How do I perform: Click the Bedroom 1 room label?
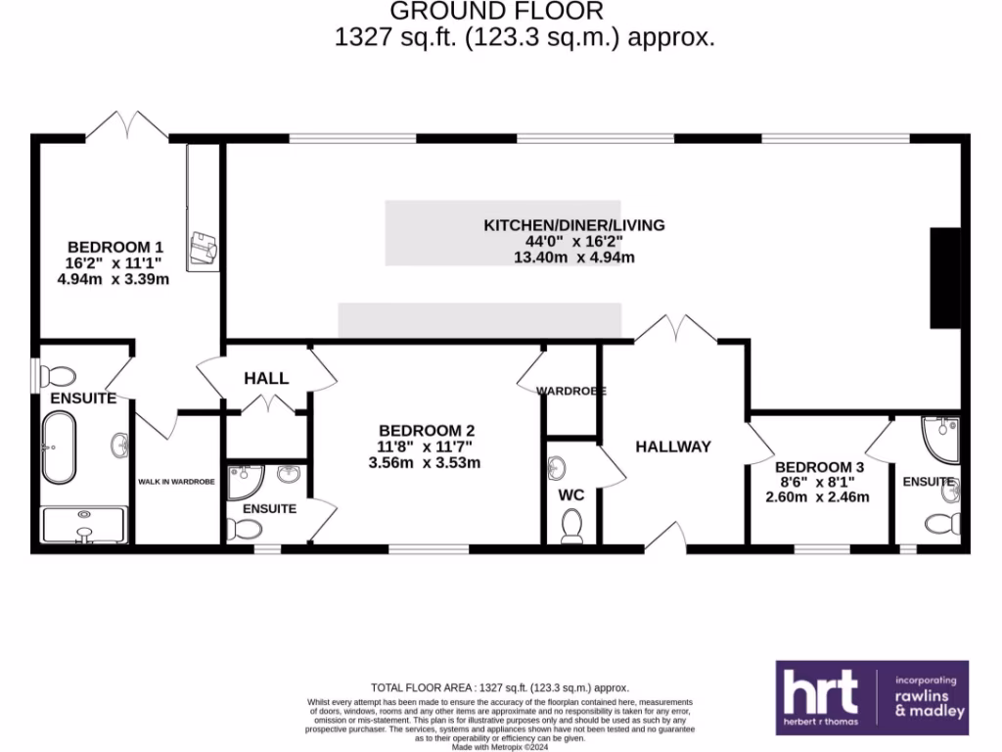115,247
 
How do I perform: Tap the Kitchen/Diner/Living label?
574,225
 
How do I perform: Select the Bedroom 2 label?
427,430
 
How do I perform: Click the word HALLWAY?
673,446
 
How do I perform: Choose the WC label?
571,495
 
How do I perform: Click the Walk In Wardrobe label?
177,481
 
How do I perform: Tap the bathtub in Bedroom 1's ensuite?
60,447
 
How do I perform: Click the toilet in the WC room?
571,528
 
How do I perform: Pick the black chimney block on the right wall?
945,278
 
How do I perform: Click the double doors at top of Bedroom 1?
128,125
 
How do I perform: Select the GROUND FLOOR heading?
497,12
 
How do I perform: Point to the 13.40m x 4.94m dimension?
574,258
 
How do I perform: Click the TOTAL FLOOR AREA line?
499,687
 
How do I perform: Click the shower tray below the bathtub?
84,524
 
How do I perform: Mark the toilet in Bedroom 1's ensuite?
60,376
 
